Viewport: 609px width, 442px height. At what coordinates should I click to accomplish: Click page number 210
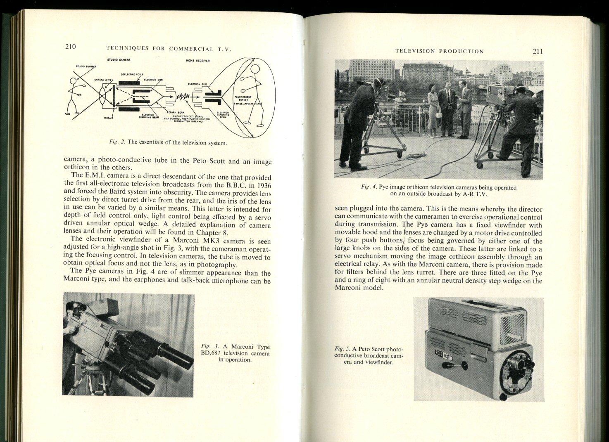71,46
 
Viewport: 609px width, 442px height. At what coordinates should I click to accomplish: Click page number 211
538,51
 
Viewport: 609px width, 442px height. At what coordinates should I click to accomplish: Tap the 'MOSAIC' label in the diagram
108,118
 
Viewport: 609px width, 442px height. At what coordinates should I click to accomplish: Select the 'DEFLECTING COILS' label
132,74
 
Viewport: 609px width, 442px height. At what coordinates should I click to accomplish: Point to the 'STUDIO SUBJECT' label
86,66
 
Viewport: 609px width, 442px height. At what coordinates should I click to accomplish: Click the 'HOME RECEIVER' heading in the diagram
197,61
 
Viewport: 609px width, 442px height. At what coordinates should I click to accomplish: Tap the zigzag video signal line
183,98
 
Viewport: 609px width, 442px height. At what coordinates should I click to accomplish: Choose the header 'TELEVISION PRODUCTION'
439,51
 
